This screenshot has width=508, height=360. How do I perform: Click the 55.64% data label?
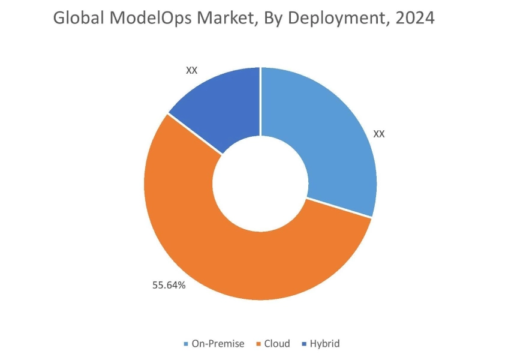(x=169, y=285)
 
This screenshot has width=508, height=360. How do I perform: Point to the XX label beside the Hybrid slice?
(x=191, y=70)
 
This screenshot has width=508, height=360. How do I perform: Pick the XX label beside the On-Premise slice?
(x=378, y=133)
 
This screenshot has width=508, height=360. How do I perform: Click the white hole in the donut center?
(x=260, y=184)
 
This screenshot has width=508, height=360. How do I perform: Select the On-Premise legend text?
(x=218, y=344)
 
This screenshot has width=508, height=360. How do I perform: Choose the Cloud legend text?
(x=277, y=344)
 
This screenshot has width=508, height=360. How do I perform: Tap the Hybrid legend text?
(x=324, y=344)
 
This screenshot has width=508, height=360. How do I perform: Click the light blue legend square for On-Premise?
(x=187, y=344)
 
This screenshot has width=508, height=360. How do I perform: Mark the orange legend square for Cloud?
(x=258, y=344)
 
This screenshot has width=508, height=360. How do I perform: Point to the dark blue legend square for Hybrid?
(x=305, y=344)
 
